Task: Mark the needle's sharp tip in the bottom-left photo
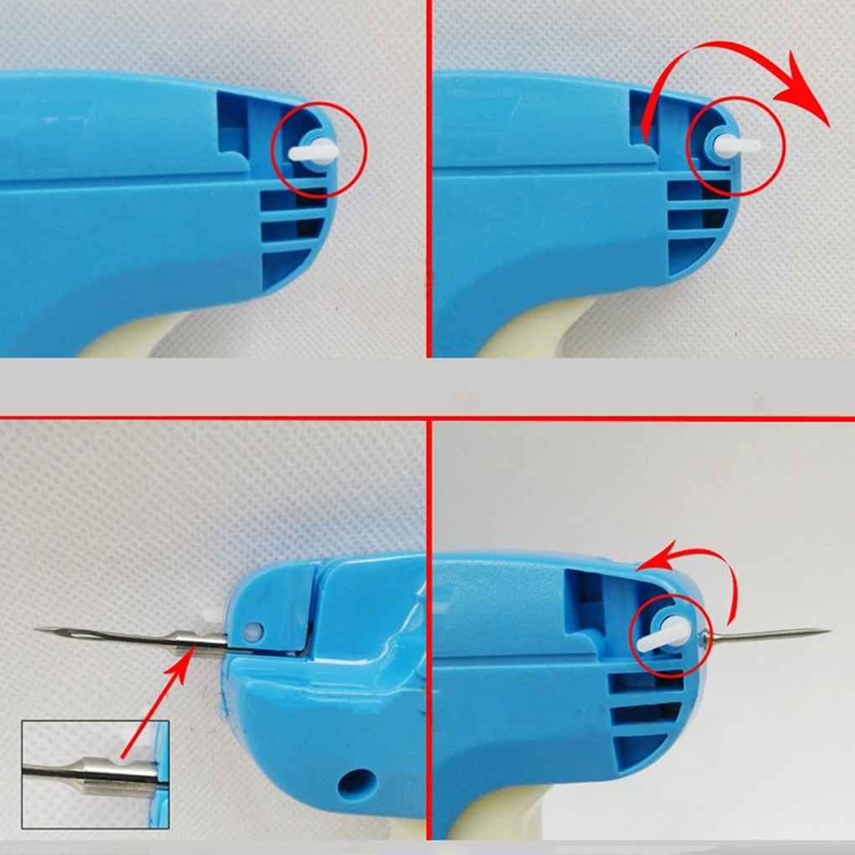[39, 630]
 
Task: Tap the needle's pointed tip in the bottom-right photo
[826, 630]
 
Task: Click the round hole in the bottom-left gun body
[348, 784]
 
